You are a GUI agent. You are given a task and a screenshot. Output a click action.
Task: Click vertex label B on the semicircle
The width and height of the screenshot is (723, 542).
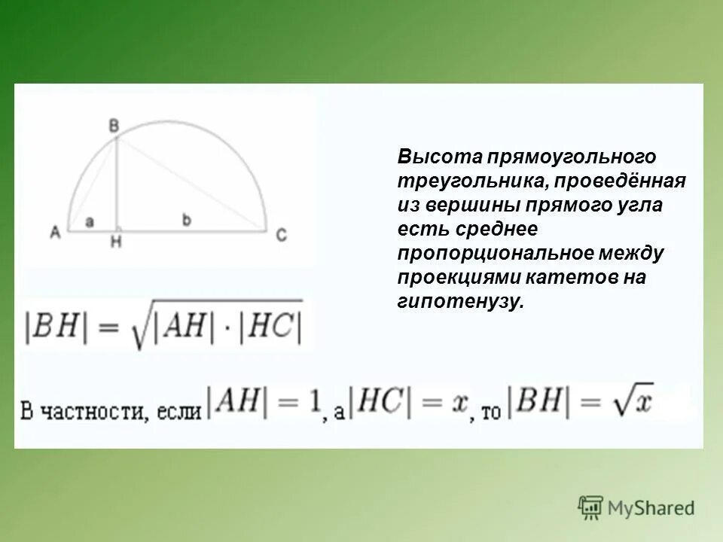[x=114, y=126]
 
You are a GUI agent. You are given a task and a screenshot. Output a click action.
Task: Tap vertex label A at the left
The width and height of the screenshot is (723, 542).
[x=55, y=234]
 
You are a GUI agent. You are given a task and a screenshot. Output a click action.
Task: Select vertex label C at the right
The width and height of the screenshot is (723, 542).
[x=280, y=235]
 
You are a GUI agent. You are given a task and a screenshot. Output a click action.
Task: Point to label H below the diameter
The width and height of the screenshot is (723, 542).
[x=115, y=242]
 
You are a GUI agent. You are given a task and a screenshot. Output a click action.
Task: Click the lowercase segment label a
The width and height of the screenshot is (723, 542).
[x=89, y=221]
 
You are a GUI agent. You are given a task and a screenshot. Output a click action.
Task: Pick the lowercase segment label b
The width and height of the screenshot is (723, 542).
[x=187, y=219]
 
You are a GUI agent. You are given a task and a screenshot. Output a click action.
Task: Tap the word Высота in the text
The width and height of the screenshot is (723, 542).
[x=440, y=157]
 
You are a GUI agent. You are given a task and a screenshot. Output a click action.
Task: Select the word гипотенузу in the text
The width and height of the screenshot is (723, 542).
[x=459, y=302]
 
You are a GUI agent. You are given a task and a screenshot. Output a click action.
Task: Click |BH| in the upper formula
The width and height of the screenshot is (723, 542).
[x=53, y=326]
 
